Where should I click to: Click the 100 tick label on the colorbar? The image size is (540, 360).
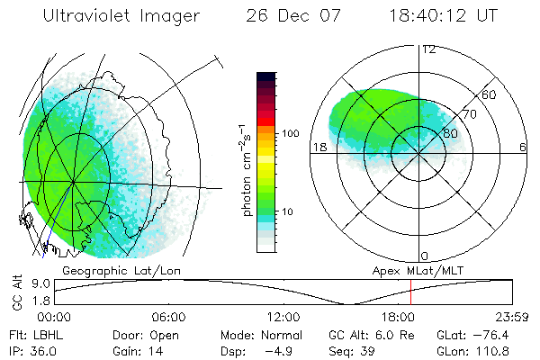coord(290,133)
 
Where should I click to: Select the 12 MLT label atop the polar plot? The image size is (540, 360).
coord(428,49)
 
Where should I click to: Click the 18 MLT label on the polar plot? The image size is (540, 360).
coord(318,147)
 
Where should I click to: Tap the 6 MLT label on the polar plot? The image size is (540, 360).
coord(523,147)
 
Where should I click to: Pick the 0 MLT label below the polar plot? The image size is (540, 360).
coord(425,256)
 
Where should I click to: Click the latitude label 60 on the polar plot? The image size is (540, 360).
coord(490,94)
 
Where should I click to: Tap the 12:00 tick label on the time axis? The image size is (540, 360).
coord(283,317)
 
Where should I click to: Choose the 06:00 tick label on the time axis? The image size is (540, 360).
coord(168,317)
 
